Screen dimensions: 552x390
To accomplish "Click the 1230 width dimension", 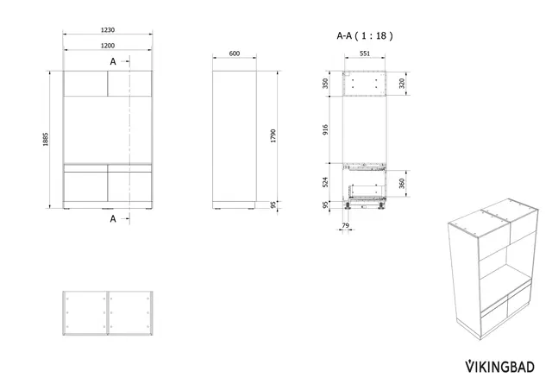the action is (x=108, y=30).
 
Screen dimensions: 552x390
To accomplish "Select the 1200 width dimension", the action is (x=108, y=46).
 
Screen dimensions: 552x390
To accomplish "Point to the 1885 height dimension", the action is (x=46, y=139).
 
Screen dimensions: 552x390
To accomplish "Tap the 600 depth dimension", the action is (x=235, y=53).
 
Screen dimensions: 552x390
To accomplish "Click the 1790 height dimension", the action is (x=273, y=136).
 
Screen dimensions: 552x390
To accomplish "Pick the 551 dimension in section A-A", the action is (x=365, y=53).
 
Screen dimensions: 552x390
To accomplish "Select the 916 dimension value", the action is (x=325, y=129).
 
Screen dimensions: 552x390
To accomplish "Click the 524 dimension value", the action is (x=325, y=182).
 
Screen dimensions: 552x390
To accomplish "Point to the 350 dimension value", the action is (x=325, y=84).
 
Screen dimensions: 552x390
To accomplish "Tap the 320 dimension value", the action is (x=402, y=84).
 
